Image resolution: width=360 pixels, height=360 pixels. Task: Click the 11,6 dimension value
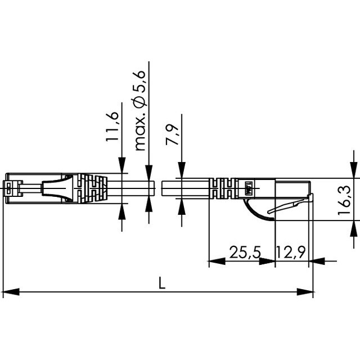(112, 127)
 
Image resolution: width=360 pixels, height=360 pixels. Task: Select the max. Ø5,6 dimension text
(140, 110)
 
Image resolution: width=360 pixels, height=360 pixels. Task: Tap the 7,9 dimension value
(172, 134)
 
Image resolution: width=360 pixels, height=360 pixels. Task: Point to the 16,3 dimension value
(344, 200)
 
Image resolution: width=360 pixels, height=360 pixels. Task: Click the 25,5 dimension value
(245, 252)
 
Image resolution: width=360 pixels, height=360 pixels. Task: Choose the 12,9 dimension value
(291, 252)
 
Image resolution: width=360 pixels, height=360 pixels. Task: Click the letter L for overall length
(162, 283)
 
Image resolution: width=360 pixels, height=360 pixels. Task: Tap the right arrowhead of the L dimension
(305, 292)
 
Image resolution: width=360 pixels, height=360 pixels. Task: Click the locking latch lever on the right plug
(290, 205)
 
